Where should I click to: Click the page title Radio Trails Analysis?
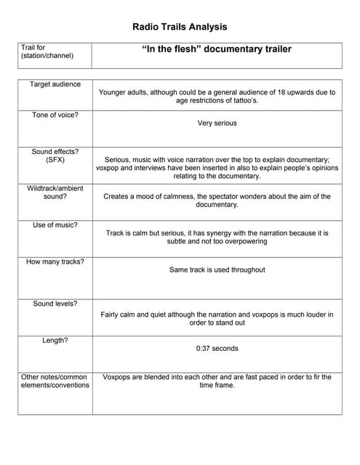[x=180, y=27]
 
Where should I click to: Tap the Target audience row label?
[x=55, y=84]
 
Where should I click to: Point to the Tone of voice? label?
[x=55, y=115]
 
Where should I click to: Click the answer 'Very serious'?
[x=217, y=124]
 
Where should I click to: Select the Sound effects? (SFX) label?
[x=55, y=155]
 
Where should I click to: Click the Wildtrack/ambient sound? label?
[x=55, y=193]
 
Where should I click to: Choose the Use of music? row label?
[x=55, y=225]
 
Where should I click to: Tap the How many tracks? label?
[x=55, y=262]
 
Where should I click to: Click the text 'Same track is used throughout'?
[x=217, y=270]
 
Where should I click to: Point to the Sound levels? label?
[x=55, y=304]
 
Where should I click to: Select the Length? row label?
[x=55, y=340]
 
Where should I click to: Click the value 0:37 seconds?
[x=217, y=349]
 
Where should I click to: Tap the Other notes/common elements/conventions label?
[x=55, y=381]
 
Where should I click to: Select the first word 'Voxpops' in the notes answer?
[x=119, y=377]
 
